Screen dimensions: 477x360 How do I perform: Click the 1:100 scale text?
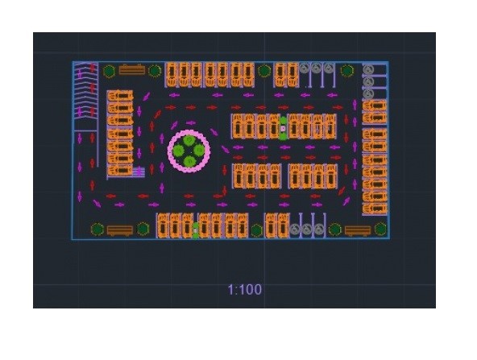coord(245,290)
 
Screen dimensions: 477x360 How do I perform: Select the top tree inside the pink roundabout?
coord(189,141)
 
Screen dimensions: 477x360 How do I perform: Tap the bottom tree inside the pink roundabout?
coord(189,161)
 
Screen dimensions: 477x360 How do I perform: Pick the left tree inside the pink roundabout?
coord(179,151)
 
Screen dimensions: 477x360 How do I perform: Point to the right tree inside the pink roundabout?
coord(199,151)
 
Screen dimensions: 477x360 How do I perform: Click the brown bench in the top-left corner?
coord(131,69)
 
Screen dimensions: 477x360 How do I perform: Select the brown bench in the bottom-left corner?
coord(120,230)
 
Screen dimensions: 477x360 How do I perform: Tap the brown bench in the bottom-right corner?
coord(358,231)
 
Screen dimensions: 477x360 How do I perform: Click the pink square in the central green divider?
coord(283,128)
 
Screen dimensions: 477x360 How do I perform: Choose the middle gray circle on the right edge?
coord(368,81)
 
